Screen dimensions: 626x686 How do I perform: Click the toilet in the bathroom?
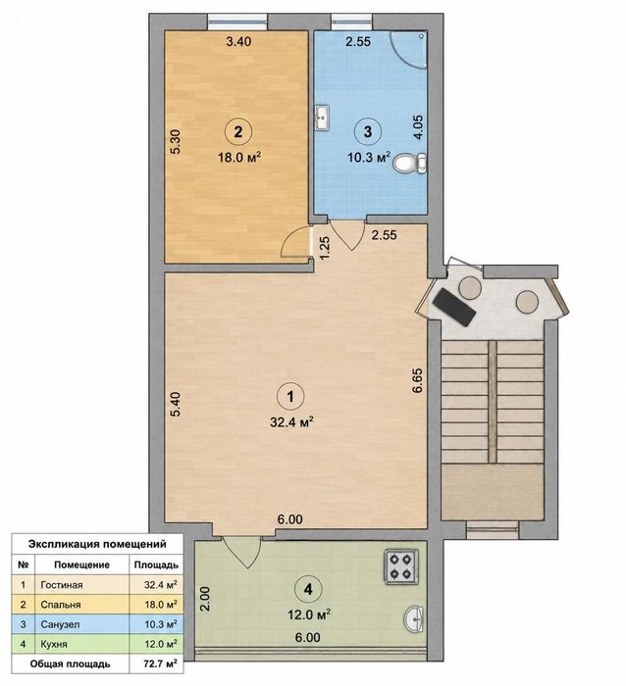(410, 164)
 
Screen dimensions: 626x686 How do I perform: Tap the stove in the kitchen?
(401, 566)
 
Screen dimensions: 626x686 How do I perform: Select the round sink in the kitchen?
(413, 618)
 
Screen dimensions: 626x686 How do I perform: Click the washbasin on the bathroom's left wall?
(323, 118)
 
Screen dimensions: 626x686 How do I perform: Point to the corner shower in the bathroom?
(409, 49)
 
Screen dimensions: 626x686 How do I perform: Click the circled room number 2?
(238, 131)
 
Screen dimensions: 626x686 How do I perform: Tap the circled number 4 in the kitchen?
(308, 589)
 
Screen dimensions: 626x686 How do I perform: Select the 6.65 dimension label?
(418, 380)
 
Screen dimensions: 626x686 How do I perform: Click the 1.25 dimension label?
(325, 248)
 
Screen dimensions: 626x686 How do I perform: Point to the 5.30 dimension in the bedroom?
(176, 142)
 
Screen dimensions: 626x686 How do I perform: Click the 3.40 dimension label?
(238, 41)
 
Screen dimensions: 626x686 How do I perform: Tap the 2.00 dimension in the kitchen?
(205, 599)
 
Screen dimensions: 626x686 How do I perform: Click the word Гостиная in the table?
(62, 585)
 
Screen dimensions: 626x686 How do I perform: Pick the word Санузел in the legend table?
(60, 624)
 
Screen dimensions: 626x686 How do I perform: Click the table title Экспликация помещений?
(97, 544)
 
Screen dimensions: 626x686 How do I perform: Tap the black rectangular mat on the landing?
(454, 307)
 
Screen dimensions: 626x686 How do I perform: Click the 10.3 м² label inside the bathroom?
(369, 157)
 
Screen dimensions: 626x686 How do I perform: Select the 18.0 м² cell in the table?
(161, 605)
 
